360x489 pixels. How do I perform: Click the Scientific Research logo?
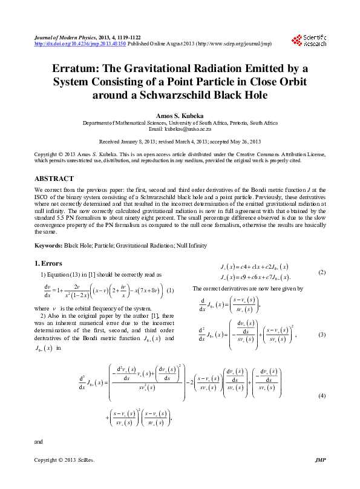309,41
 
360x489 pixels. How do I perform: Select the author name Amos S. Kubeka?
180,115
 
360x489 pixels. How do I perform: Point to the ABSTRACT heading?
54,179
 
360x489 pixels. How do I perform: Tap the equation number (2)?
322,272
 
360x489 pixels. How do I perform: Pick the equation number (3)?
322,335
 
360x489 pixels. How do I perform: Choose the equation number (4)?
322,395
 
